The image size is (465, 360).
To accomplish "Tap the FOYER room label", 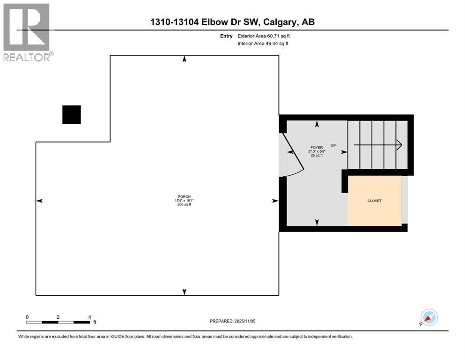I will coord(317,147).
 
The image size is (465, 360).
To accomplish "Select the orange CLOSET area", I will coord(374,201).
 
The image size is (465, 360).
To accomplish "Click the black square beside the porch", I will coord(72,114).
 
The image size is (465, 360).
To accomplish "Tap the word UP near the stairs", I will coord(333,145).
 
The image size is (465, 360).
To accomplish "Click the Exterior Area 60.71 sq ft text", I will coord(267,36).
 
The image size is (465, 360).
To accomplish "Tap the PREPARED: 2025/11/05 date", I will coord(232,321).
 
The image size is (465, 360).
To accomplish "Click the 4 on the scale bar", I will coord(89,317).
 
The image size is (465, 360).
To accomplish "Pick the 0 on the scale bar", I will coord(27,317).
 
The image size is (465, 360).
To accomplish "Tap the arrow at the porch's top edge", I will coord(185,59).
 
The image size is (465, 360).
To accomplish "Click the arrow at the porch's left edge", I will coord(40,201).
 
